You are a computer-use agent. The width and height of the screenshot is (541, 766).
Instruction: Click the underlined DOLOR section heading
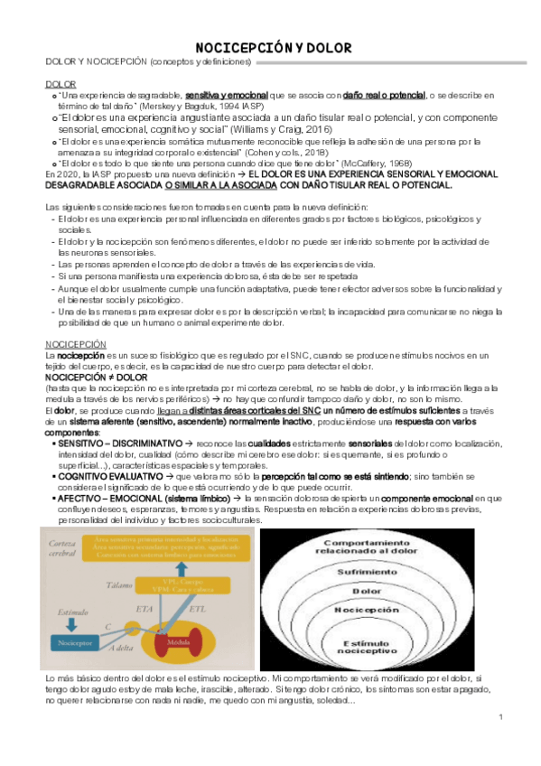pos(61,83)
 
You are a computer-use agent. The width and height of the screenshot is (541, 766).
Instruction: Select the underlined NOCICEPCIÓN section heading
pos(76,344)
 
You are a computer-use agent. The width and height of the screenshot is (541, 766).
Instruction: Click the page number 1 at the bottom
pos(499,716)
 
